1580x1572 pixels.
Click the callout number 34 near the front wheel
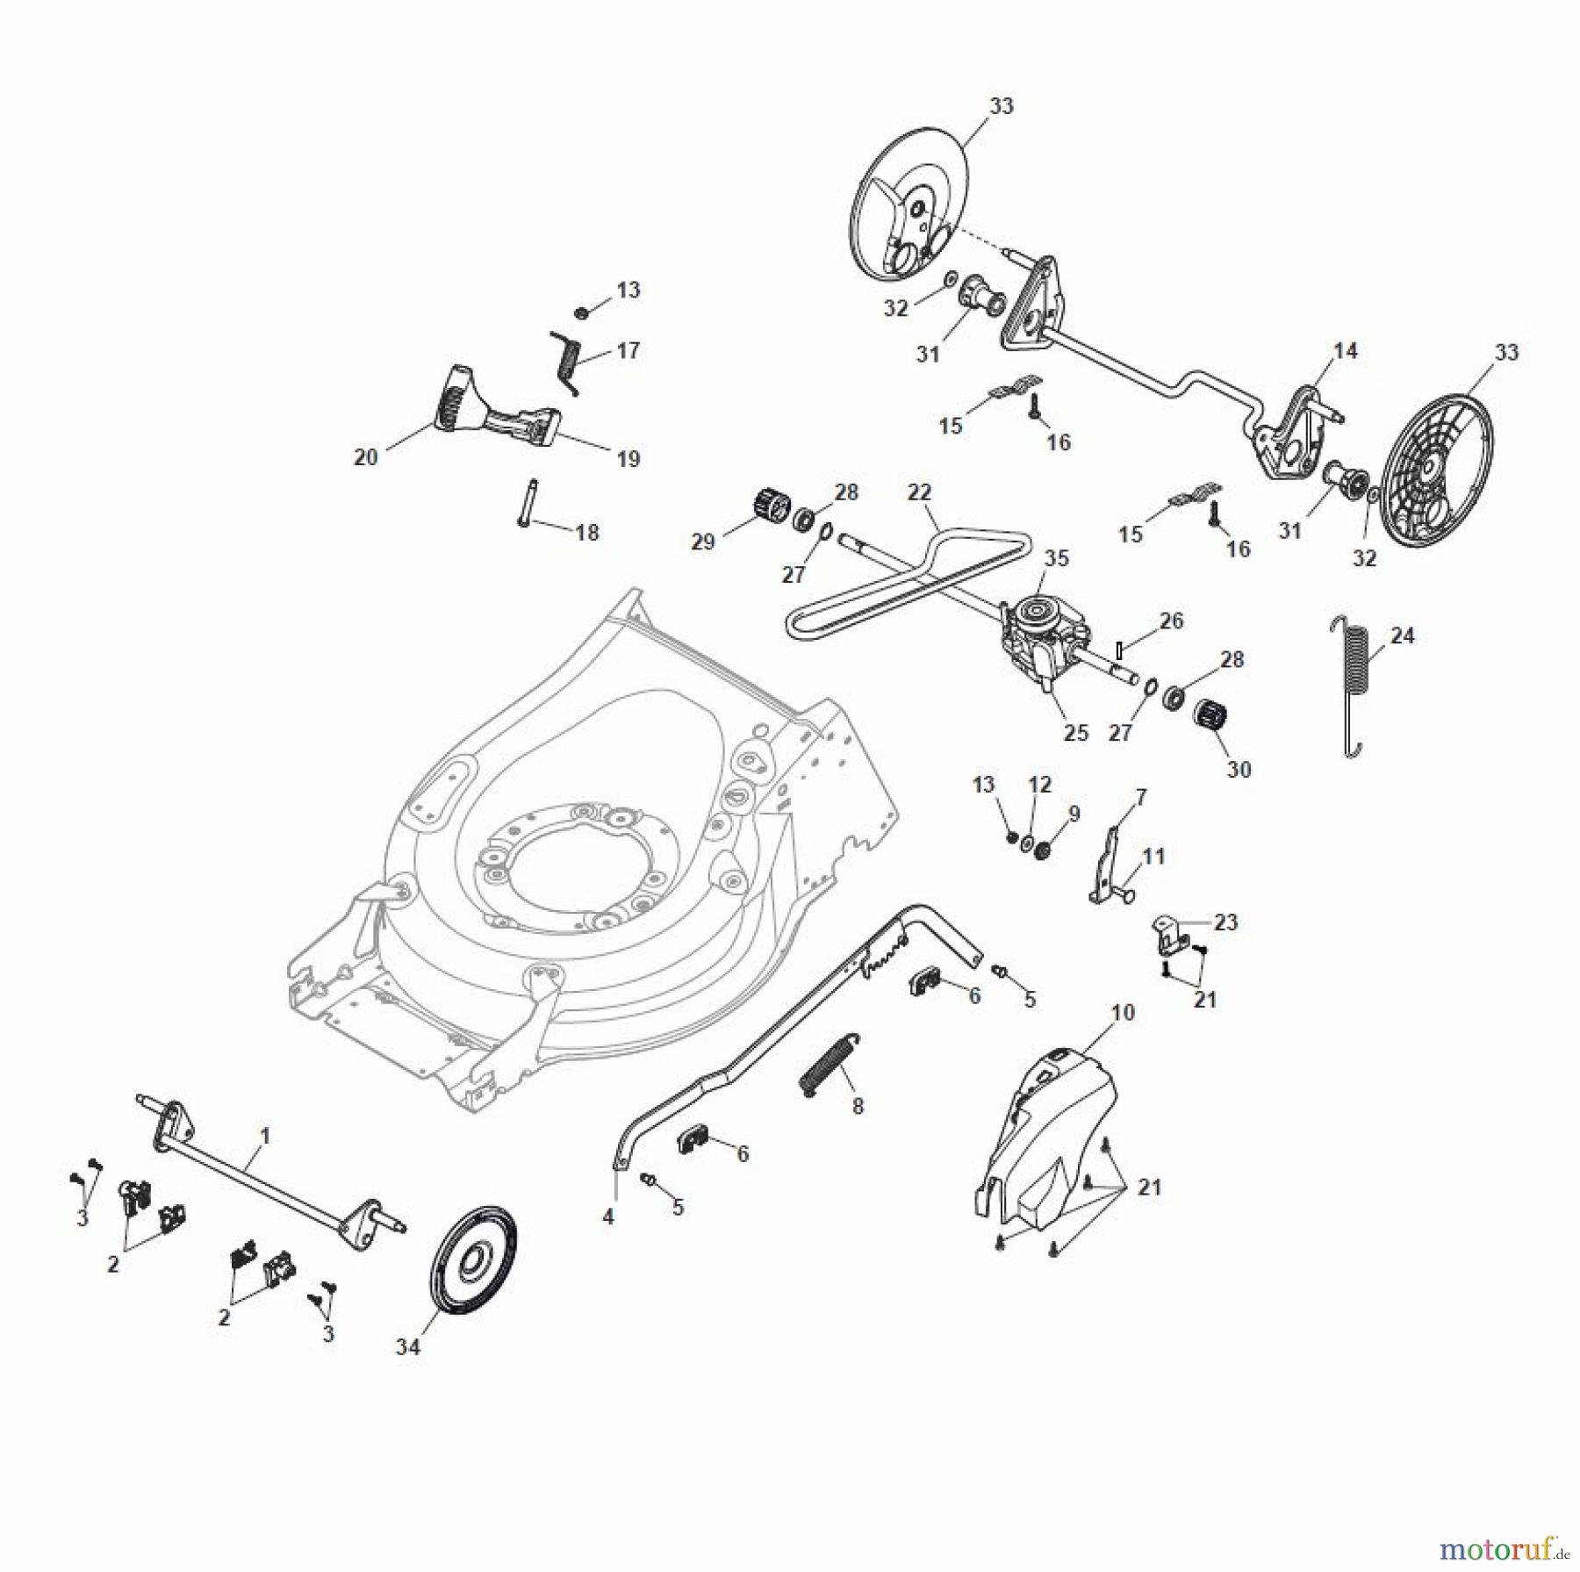(x=408, y=1347)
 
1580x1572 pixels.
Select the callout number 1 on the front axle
(x=265, y=1137)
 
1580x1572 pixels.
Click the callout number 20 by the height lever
(x=365, y=456)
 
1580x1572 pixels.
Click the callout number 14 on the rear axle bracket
(x=1345, y=351)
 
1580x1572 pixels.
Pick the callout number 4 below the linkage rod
(x=608, y=1217)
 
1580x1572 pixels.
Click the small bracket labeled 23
(x=1168, y=935)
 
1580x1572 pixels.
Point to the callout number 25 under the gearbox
(x=1076, y=732)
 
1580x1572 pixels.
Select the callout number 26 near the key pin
(x=1172, y=621)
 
